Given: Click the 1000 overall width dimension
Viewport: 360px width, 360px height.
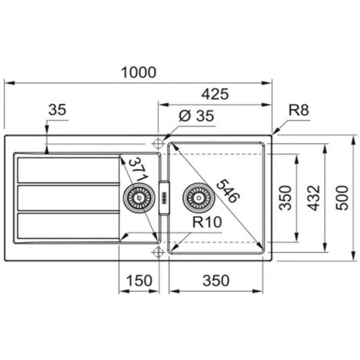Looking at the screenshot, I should [x=139, y=72].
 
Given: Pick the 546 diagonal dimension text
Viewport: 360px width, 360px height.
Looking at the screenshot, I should [x=227, y=185].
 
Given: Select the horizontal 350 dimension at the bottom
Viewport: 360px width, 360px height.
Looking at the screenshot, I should [x=216, y=281].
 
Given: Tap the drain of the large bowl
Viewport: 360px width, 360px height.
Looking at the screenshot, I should [x=199, y=200].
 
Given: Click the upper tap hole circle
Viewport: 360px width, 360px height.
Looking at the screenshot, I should [x=158, y=142].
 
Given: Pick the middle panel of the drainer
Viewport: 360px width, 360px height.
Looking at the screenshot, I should [x=66, y=198].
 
